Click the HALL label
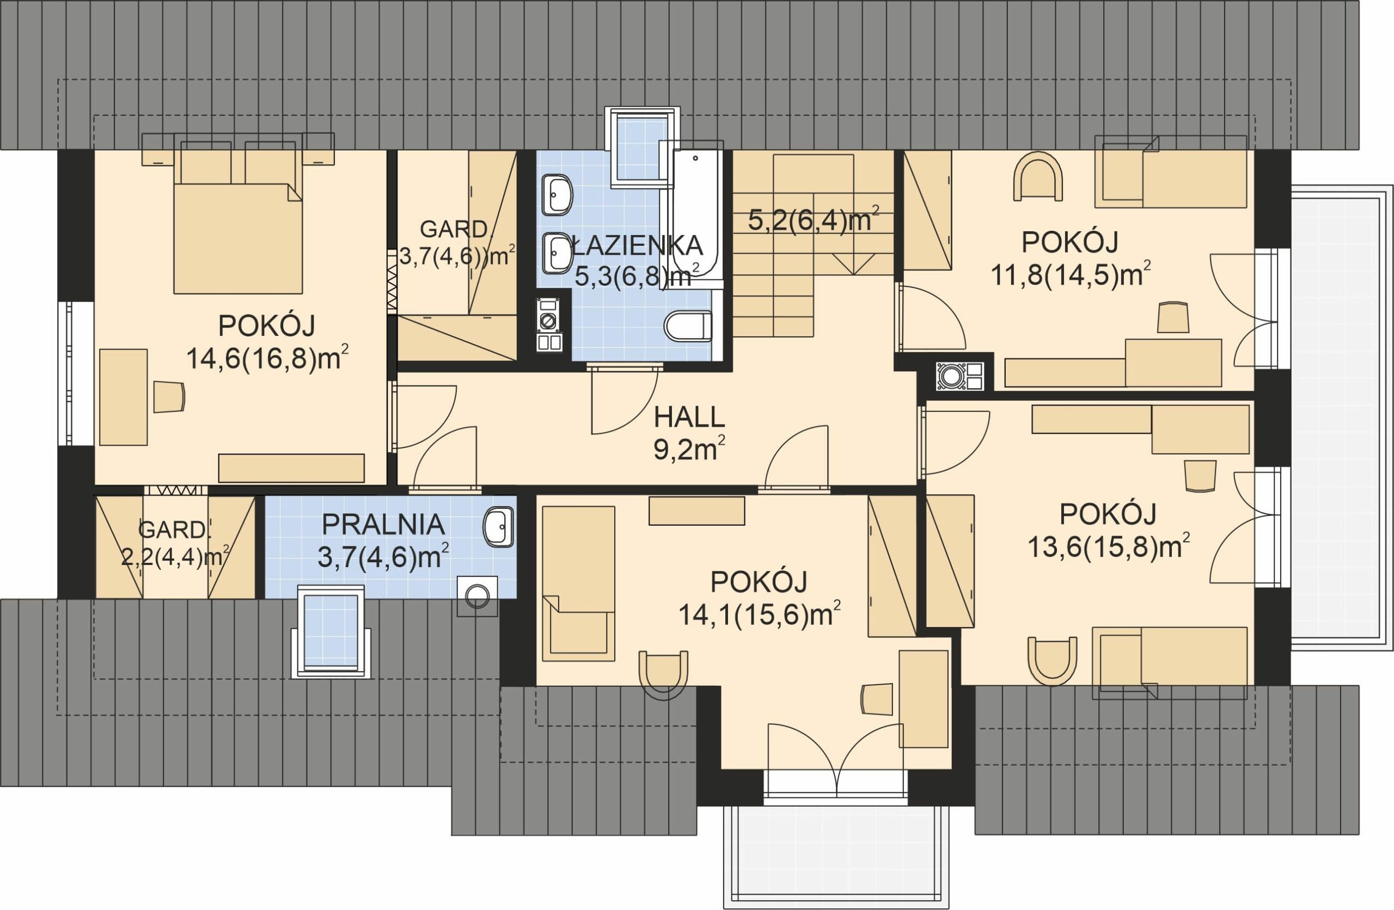click(x=689, y=417)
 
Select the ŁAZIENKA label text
click(x=636, y=245)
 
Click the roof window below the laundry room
click(x=331, y=631)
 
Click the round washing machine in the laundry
click(x=478, y=596)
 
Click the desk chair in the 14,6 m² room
click(x=169, y=397)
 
